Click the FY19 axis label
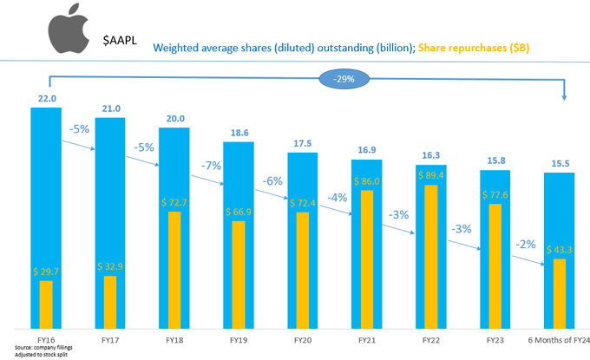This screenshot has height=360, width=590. point(238,340)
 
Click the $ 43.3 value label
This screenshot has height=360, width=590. point(559,251)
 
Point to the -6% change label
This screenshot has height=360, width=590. point(274,181)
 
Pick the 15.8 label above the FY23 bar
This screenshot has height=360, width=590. point(495,161)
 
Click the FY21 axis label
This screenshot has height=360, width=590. point(365,340)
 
